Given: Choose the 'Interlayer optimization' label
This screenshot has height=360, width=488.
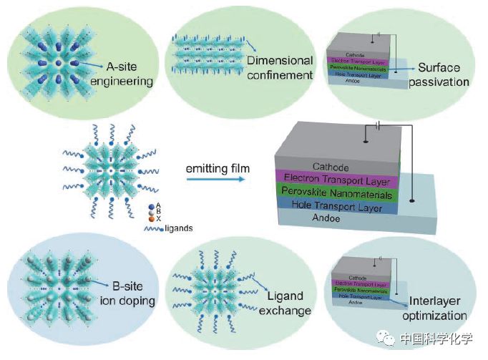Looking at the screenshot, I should pyautogui.click(x=439, y=308).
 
